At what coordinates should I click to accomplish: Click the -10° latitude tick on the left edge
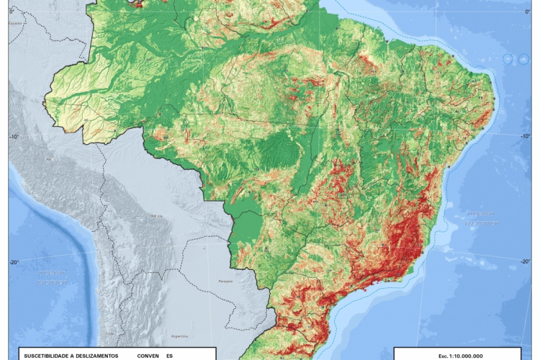tap(13, 135)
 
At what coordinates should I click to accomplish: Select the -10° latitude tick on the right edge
tap(526, 135)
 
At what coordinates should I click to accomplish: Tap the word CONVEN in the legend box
tap(148, 356)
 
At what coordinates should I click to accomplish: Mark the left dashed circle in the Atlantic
tap(509, 59)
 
